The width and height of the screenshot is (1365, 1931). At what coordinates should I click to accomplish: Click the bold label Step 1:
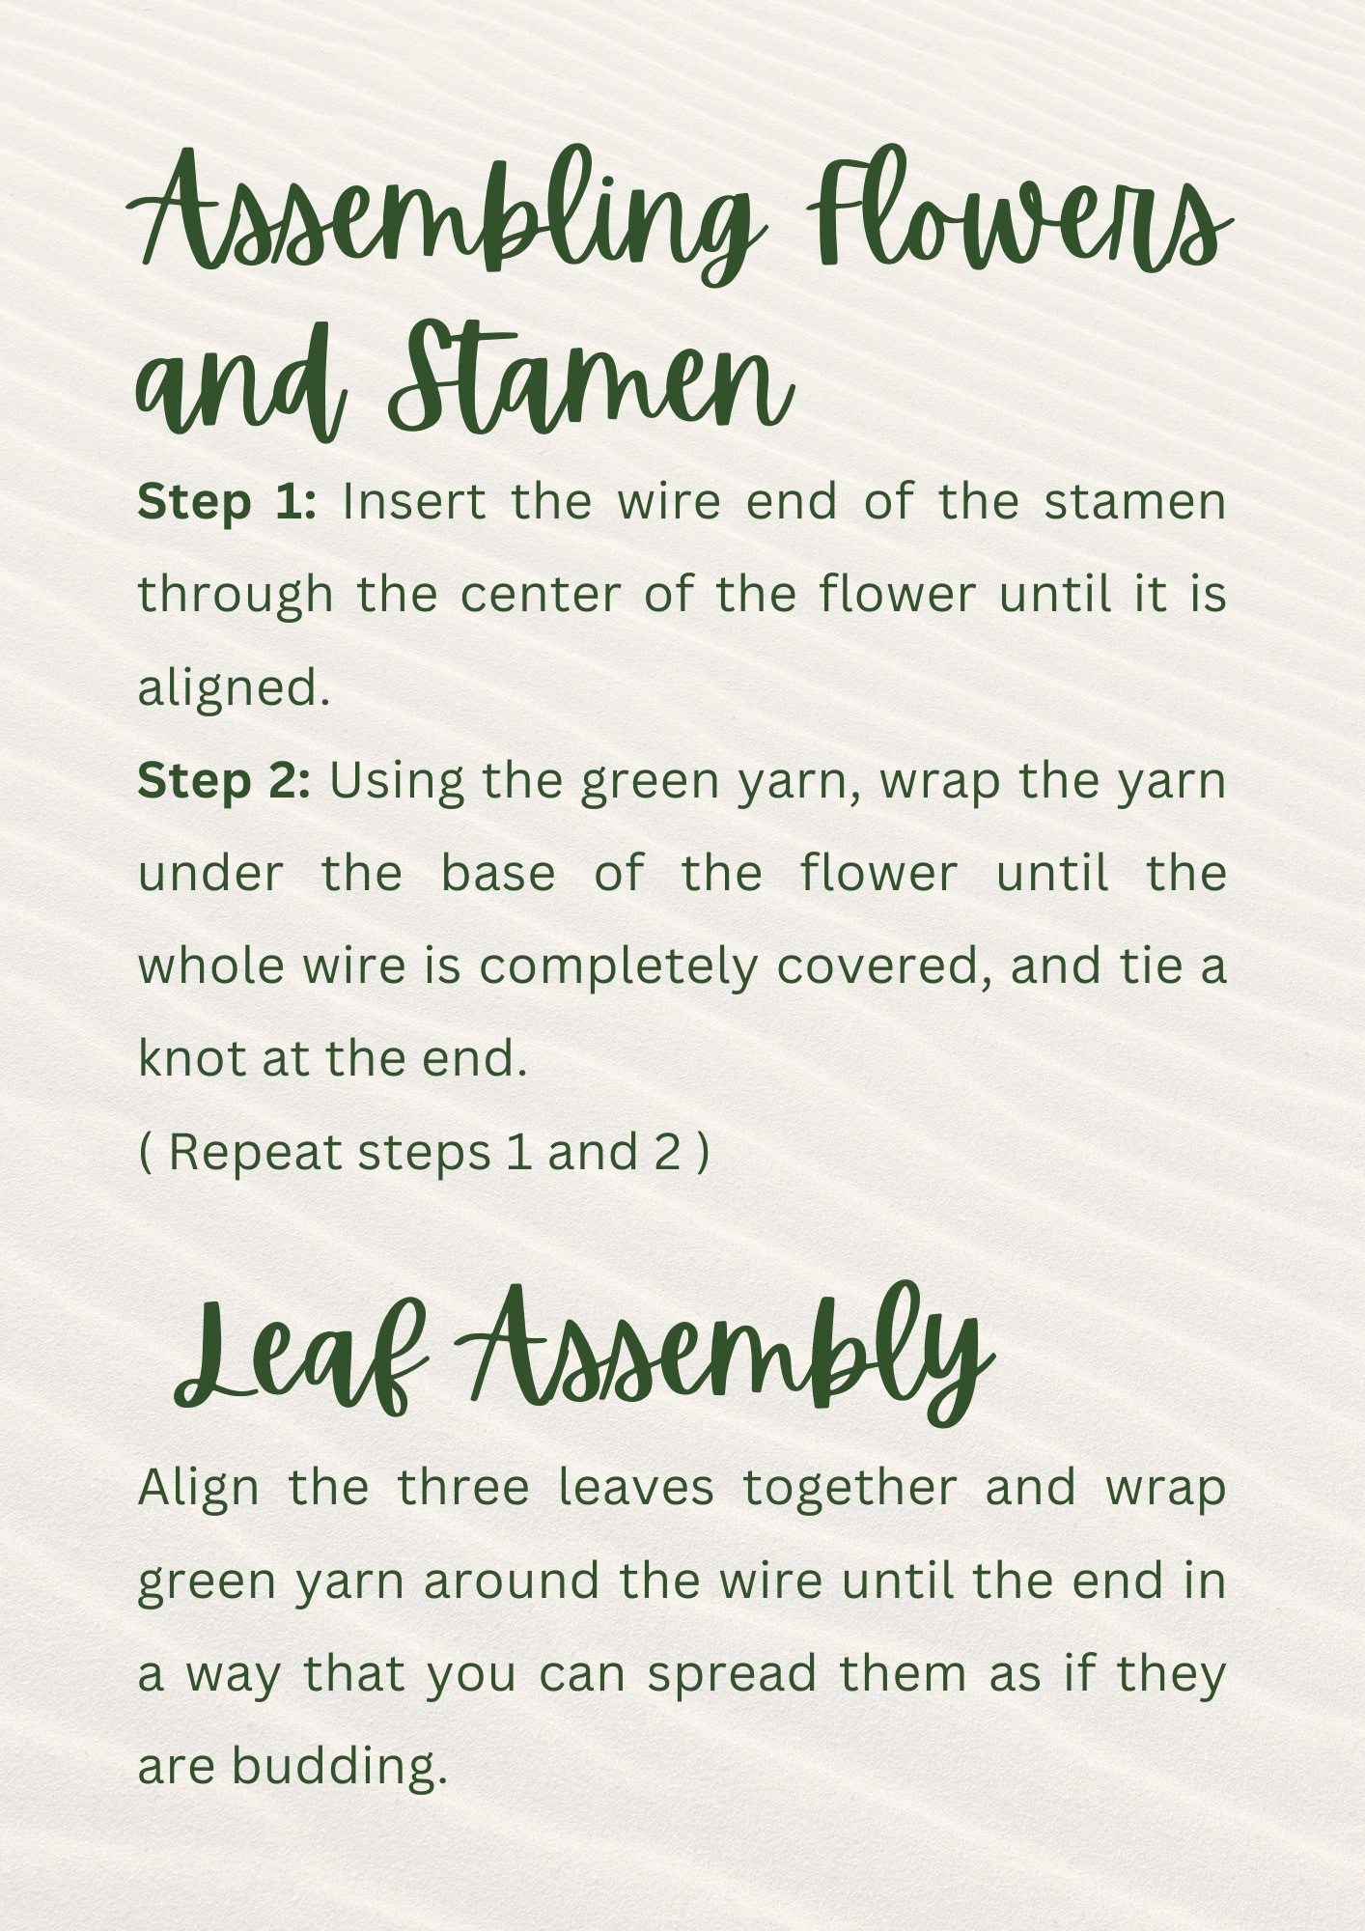227,503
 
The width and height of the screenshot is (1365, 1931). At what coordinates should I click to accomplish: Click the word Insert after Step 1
413,503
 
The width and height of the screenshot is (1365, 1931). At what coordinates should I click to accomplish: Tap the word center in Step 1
540,595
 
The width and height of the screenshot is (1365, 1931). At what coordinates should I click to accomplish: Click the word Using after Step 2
397,781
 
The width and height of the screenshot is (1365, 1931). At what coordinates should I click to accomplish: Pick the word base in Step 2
498,874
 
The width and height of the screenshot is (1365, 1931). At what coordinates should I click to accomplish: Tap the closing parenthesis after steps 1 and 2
703,1153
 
